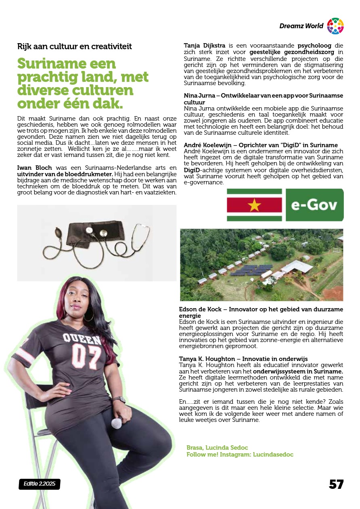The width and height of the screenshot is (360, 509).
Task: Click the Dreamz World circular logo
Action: [x=335, y=26]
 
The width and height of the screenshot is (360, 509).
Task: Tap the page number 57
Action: [x=336, y=484]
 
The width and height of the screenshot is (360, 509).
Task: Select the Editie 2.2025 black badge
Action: [x=39, y=484]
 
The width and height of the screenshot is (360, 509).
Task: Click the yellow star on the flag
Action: [x=254, y=205]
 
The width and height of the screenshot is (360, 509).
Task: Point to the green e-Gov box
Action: [x=314, y=205]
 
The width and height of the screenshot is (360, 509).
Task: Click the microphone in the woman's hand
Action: [x=117, y=423]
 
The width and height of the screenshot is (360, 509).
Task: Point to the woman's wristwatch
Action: [x=119, y=400]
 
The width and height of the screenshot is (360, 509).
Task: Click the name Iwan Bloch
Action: [x=32, y=167]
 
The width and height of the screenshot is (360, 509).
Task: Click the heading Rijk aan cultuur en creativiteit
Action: [x=75, y=46]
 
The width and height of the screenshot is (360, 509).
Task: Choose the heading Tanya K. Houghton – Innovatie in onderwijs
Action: [x=243, y=359]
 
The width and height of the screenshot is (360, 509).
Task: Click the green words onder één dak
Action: [x=70, y=104]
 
